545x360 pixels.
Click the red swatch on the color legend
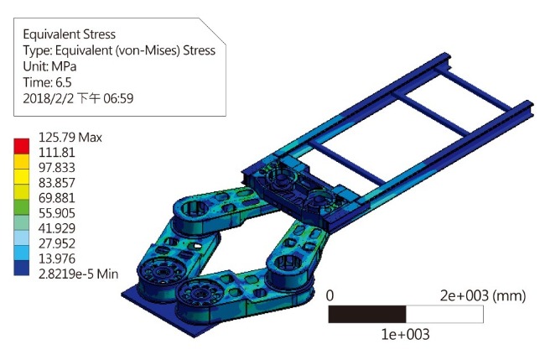[x=22, y=146]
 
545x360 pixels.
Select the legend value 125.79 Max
[x=70, y=138]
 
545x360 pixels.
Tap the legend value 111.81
[x=57, y=153]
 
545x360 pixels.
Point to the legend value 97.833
[x=57, y=168]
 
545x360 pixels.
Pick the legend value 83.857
[x=57, y=183]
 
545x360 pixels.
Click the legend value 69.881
[x=57, y=198]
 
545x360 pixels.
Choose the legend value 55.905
[x=57, y=213]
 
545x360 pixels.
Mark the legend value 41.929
[x=57, y=228]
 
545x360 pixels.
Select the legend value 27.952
[x=57, y=243]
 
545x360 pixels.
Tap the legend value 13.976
[x=57, y=258]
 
